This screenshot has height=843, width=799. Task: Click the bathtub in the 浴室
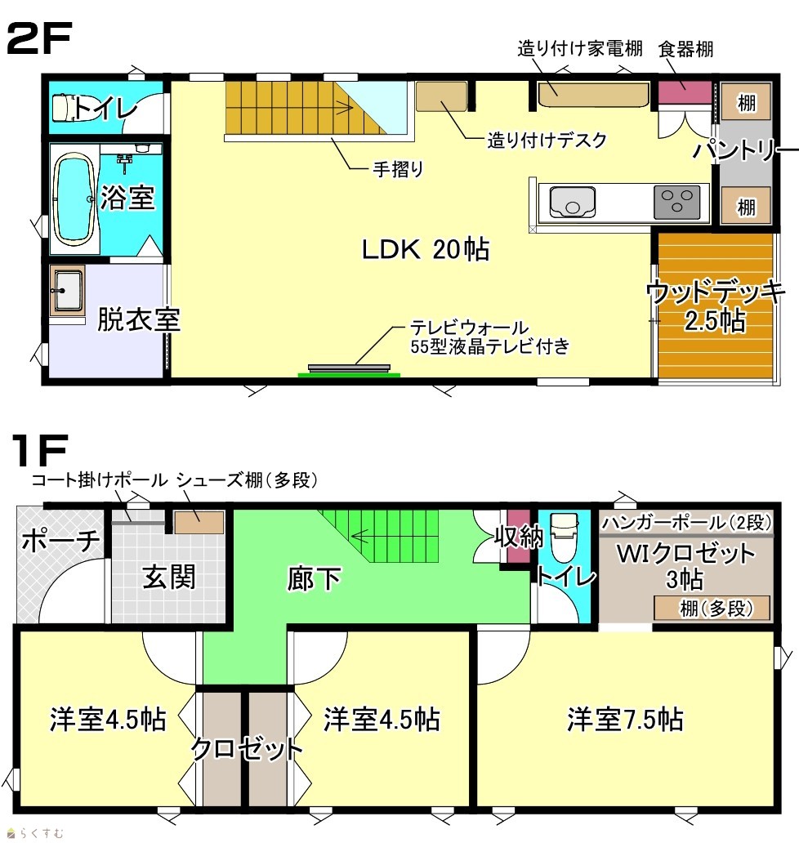pyautogui.click(x=74, y=198)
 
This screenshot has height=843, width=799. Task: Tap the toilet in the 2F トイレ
pyautogui.click(x=65, y=107)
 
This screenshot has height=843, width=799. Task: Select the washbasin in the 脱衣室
pyautogui.click(x=67, y=290)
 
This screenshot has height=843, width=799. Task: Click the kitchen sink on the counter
pyautogui.click(x=572, y=202)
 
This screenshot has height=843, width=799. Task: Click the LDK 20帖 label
pyautogui.click(x=426, y=249)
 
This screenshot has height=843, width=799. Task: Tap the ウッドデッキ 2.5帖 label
pyautogui.click(x=715, y=306)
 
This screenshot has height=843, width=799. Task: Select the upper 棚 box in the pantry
pyautogui.click(x=746, y=101)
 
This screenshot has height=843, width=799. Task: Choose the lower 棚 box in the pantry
pyautogui.click(x=746, y=205)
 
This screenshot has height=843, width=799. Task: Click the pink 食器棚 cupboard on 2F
pyautogui.click(x=685, y=92)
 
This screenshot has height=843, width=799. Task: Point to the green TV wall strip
pyautogui.click(x=349, y=375)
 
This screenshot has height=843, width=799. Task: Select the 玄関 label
pyautogui.click(x=169, y=578)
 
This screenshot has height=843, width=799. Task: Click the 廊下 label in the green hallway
pyautogui.click(x=314, y=579)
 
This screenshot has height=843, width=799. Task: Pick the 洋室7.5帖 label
pyautogui.click(x=625, y=719)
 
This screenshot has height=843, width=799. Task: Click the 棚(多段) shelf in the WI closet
pyautogui.click(x=712, y=608)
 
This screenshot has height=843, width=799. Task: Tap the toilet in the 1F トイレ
pyautogui.click(x=564, y=537)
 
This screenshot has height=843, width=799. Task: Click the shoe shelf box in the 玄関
pyautogui.click(x=199, y=522)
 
